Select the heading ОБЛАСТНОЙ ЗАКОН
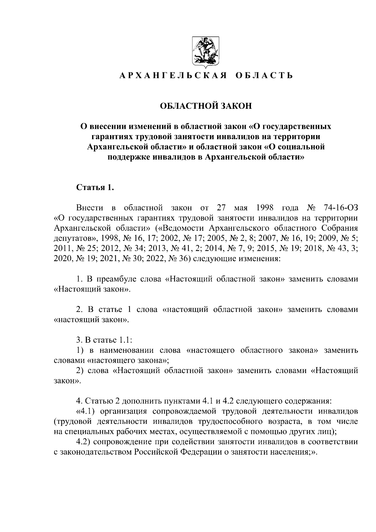pos(206,106)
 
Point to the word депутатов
pos(74,239)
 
